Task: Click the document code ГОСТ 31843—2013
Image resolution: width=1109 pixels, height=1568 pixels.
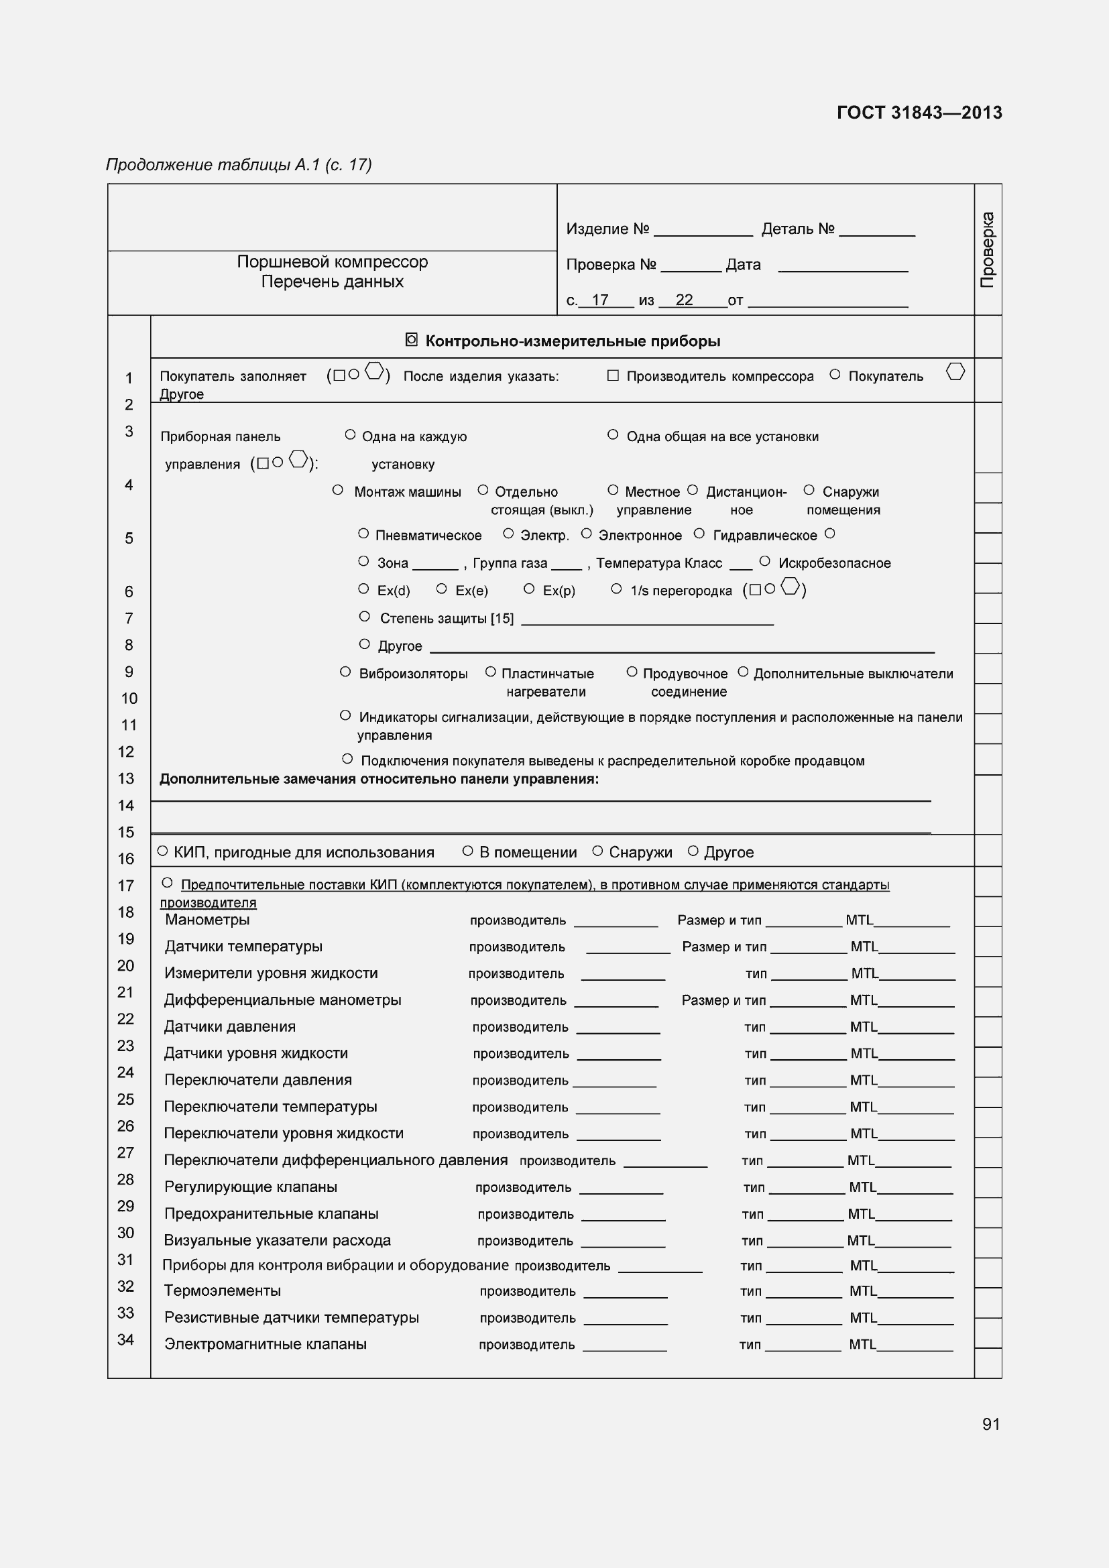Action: pyautogui.click(x=919, y=113)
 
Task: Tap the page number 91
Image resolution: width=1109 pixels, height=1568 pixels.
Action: pyautogui.click(x=991, y=1424)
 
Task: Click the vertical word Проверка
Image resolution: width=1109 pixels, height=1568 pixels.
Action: pyautogui.click(x=988, y=249)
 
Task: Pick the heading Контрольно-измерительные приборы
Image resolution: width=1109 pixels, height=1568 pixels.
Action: pyautogui.click(x=572, y=341)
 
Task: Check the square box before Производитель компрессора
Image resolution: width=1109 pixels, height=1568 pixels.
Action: pyautogui.click(x=613, y=375)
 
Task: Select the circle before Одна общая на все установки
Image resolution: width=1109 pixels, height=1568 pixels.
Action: pyautogui.click(x=613, y=434)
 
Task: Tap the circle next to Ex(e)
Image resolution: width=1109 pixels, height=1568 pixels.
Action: pyautogui.click(x=442, y=588)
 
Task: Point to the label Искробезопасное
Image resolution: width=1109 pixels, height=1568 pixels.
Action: pyautogui.click(x=834, y=562)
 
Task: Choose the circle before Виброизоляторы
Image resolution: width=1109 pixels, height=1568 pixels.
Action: pyautogui.click(x=345, y=672)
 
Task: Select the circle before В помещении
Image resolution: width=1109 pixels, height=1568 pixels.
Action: pyautogui.click(x=468, y=851)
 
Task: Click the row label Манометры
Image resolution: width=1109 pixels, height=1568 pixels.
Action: pyautogui.click(x=207, y=919)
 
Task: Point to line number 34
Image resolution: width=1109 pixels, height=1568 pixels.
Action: pyautogui.click(x=125, y=1339)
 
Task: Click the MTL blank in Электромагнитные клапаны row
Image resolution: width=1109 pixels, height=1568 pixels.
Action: pyautogui.click(x=915, y=1347)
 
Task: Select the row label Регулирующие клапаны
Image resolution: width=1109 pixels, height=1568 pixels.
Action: pyautogui.click(x=251, y=1187)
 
